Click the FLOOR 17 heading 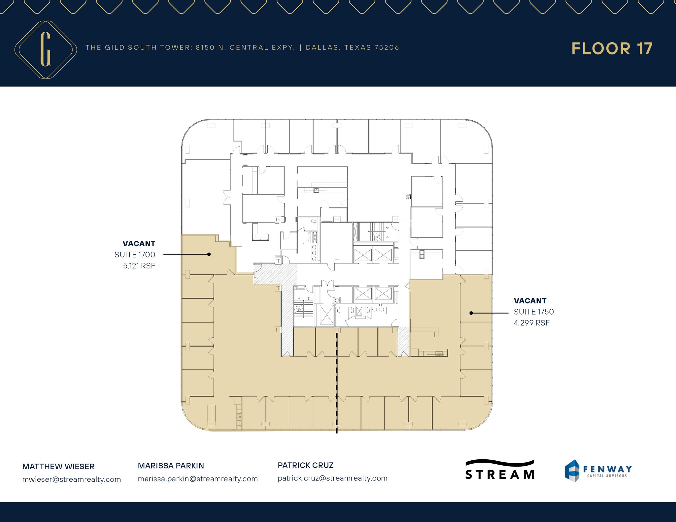(x=612, y=49)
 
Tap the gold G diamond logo (x=46, y=49)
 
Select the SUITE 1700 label (x=135, y=255)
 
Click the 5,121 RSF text (x=139, y=266)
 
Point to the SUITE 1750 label (x=533, y=312)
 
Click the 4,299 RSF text (x=531, y=323)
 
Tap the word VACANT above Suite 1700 (x=139, y=244)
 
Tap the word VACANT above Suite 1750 (x=530, y=301)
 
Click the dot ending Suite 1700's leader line (x=209, y=254)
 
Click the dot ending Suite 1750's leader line (x=471, y=313)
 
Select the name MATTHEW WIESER (x=58, y=467)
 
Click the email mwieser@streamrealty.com (x=72, y=479)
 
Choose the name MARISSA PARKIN (x=171, y=466)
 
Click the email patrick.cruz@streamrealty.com (x=332, y=478)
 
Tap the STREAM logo (x=499, y=470)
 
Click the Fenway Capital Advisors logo (x=598, y=471)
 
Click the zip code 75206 (x=387, y=47)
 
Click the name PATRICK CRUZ (x=305, y=465)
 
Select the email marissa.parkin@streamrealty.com (x=198, y=479)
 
